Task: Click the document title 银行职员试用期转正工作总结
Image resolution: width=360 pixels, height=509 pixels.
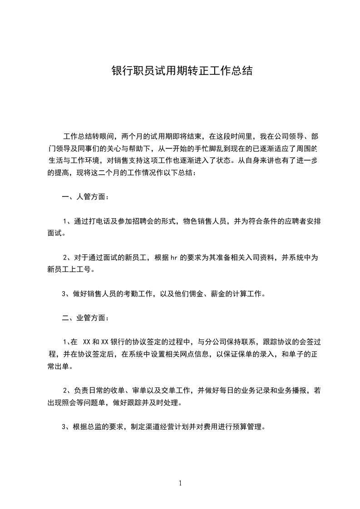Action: pyautogui.click(x=182, y=71)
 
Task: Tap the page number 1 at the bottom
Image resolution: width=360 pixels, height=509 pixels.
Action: pyautogui.click(x=180, y=483)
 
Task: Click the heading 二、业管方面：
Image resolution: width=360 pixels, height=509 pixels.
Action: pyautogui.click(x=85, y=318)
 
